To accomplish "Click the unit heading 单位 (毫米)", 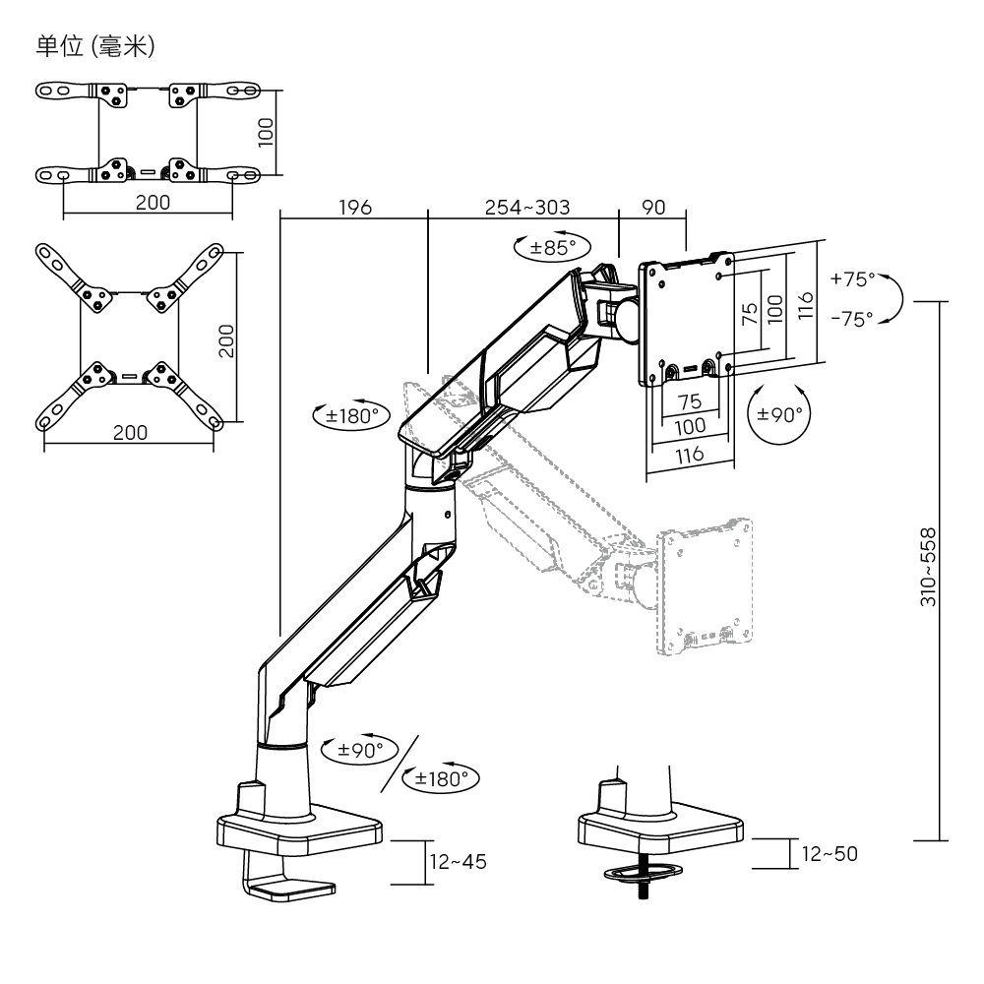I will tap(94, 45).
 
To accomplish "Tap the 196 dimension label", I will tap(354, 208).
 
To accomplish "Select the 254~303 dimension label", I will tap(527, 208).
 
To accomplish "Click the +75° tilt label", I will tap(851, 278).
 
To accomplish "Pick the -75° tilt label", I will tap(851, 319).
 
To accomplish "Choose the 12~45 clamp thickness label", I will tap(458, 861).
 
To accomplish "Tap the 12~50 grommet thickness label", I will tap(829, 853).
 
